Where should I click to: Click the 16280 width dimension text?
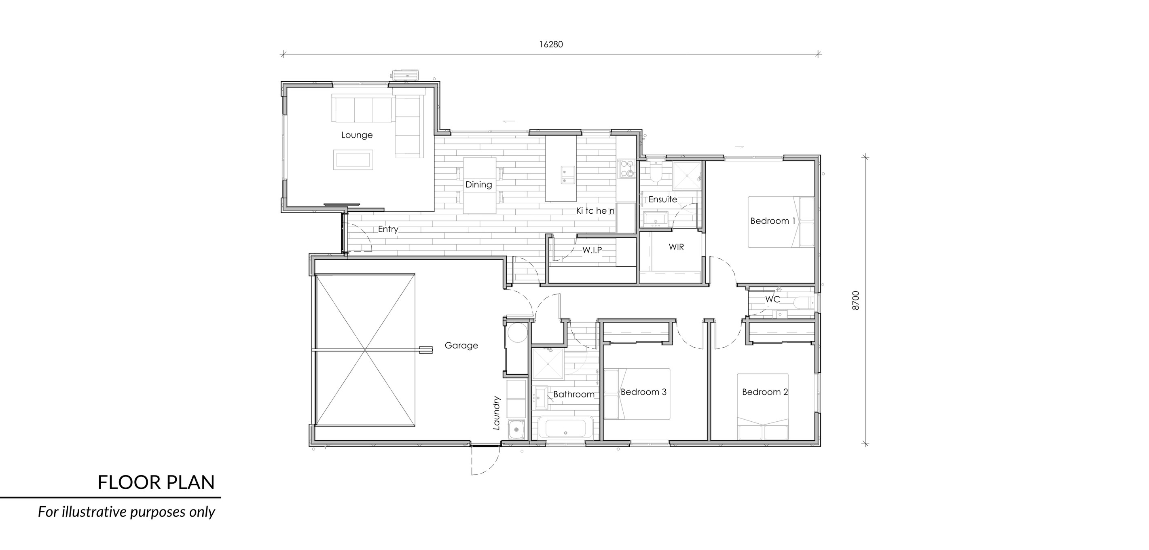tap(551, 44)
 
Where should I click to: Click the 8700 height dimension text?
tap(855, 300)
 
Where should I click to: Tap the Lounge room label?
tap(357, 135)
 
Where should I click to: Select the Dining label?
tap(478, 185)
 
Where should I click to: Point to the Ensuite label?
tap(663, 199)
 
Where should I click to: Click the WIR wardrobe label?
tap(676, 247)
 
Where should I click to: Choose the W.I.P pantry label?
tap(592, 250)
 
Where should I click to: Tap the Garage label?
tap(461, 345)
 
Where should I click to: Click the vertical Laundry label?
tap(496, 413)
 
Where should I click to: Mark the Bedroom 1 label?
tap(773, 221)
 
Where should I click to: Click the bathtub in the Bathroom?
tap(565, 428)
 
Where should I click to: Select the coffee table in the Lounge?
tap(353, 160)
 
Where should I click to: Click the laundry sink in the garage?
tap(516, 429)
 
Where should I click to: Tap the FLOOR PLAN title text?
tap(156, 482)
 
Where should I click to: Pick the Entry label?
tap(388, 229)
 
